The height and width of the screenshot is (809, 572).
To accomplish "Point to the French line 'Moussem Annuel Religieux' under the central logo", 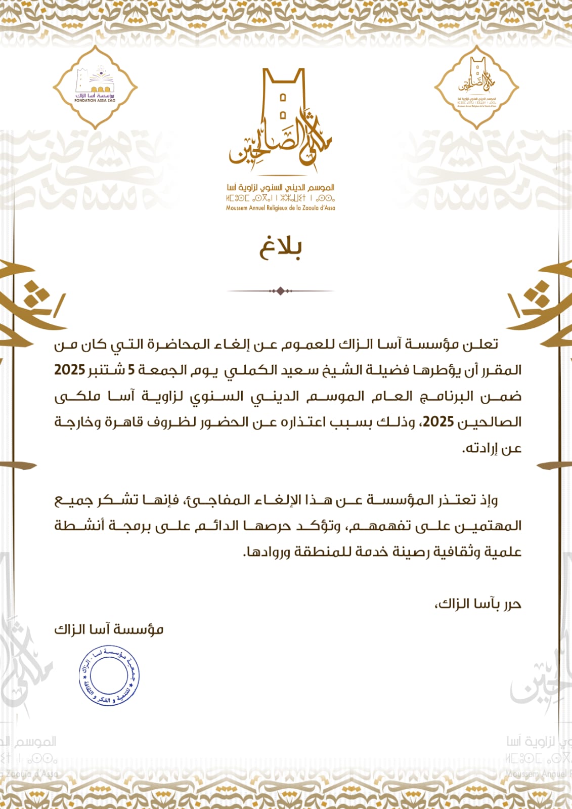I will coord(281,207).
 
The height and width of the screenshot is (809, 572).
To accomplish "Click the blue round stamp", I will coord(109,675).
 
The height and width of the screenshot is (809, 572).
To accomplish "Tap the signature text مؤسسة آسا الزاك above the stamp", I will coord(109,629).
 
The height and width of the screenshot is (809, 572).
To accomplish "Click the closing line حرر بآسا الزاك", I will coord(478,604).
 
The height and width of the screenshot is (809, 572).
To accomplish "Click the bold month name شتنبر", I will coord(107,370).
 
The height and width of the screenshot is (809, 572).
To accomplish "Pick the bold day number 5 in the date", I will coord(131,370).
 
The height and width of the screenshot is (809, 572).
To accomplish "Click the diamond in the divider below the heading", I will coord(281,291).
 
